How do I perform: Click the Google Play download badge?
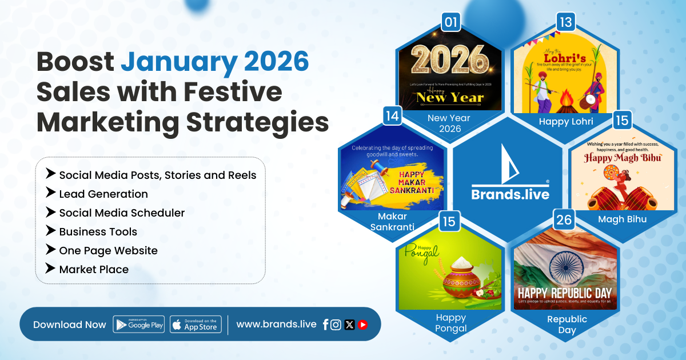[139, 325]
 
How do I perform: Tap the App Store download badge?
[196, 325]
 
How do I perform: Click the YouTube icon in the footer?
[362, 325]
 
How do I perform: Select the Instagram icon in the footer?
[336, 325]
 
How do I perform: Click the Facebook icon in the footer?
[325, 325]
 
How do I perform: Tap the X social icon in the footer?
[349, 325]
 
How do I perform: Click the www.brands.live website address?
[276, 324]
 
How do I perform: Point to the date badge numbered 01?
[452, 23]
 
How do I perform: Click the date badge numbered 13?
[565, 23]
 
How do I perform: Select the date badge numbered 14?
[392, 116]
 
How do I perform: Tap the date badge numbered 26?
[564, 219]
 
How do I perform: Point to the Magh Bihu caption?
[622, 219]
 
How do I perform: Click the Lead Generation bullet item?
[103, 194]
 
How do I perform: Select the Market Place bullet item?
[94, 269]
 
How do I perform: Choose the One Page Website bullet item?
[108, 250]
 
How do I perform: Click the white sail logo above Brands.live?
[510, 164]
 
